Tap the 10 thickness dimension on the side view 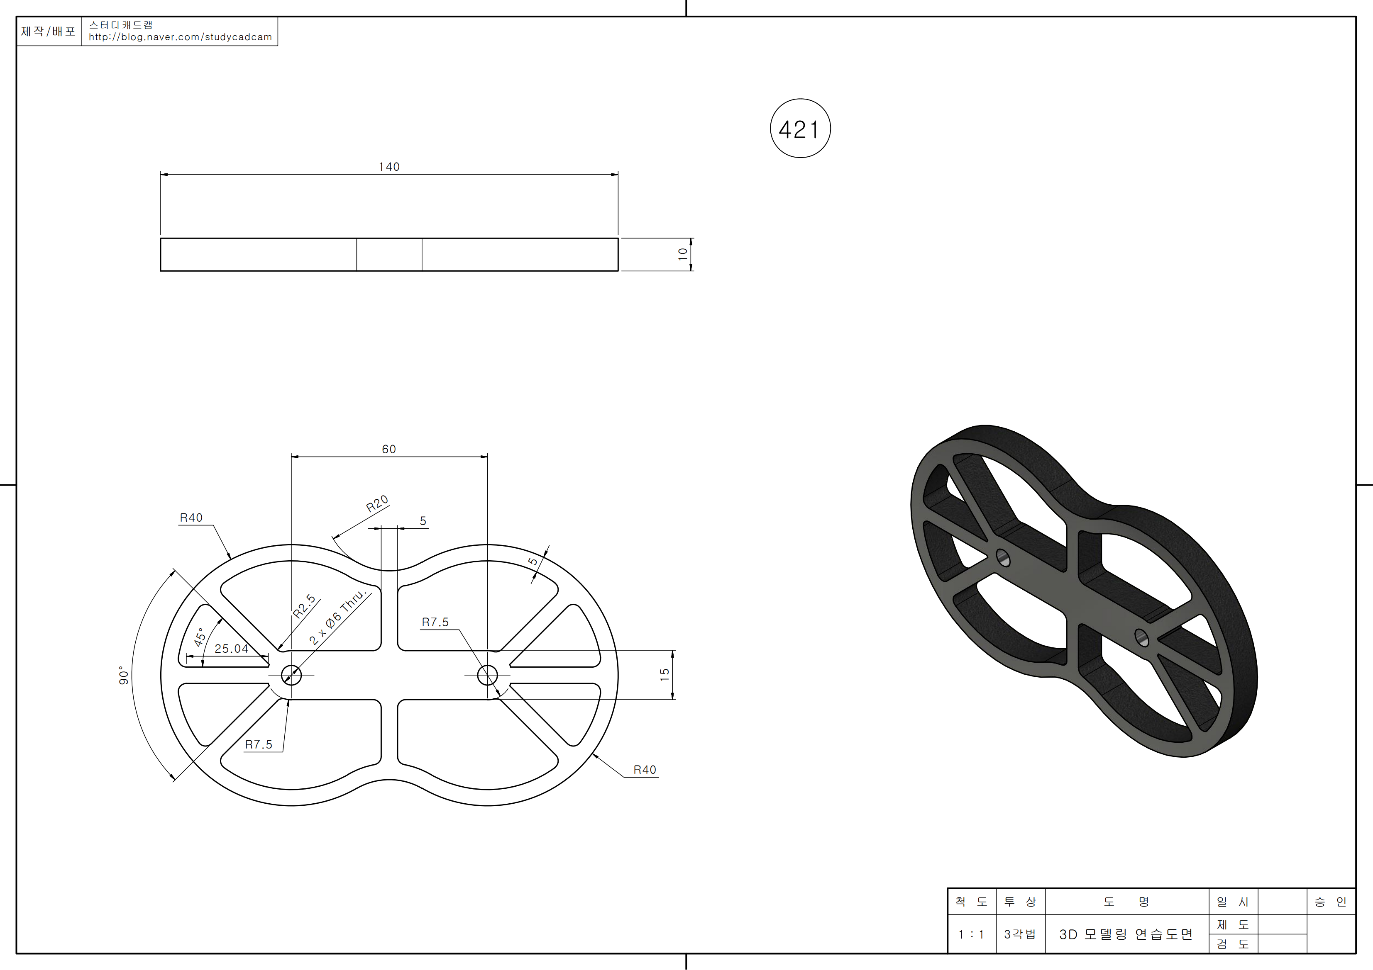tap(682, 255)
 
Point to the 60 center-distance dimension tap(388, 449)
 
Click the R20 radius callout tap(377, 504)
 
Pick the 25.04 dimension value tap(232, 649)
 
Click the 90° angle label tap(124, 676)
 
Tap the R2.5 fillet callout tap(304, 606)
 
